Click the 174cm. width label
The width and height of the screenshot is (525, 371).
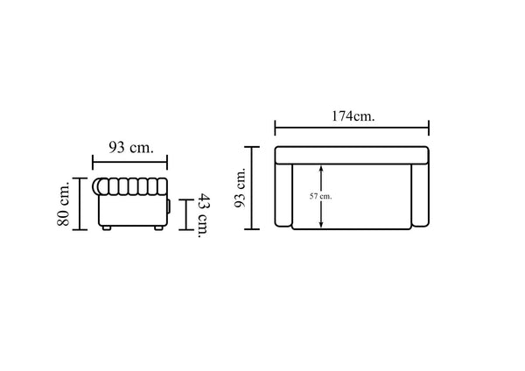353,116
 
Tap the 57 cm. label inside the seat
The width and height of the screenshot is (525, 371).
321,197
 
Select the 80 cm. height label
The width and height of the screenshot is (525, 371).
63,204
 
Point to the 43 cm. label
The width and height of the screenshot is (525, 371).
204,215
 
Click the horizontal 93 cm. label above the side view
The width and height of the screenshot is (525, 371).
131,147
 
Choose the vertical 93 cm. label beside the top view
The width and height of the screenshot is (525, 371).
240,188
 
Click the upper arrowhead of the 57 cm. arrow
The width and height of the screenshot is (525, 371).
321,168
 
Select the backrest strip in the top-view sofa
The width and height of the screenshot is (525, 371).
352,155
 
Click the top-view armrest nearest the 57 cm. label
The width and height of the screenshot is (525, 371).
283,195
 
